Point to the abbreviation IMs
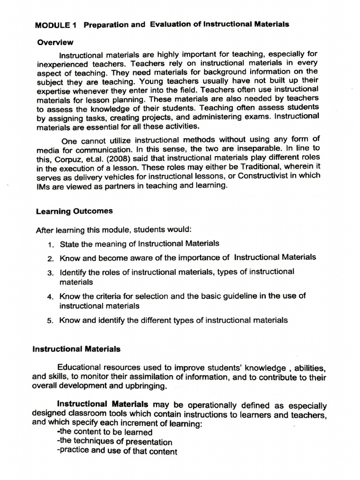45,186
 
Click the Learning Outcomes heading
74,211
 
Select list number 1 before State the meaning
50,244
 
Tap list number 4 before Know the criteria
50,297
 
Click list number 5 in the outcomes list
50,321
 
